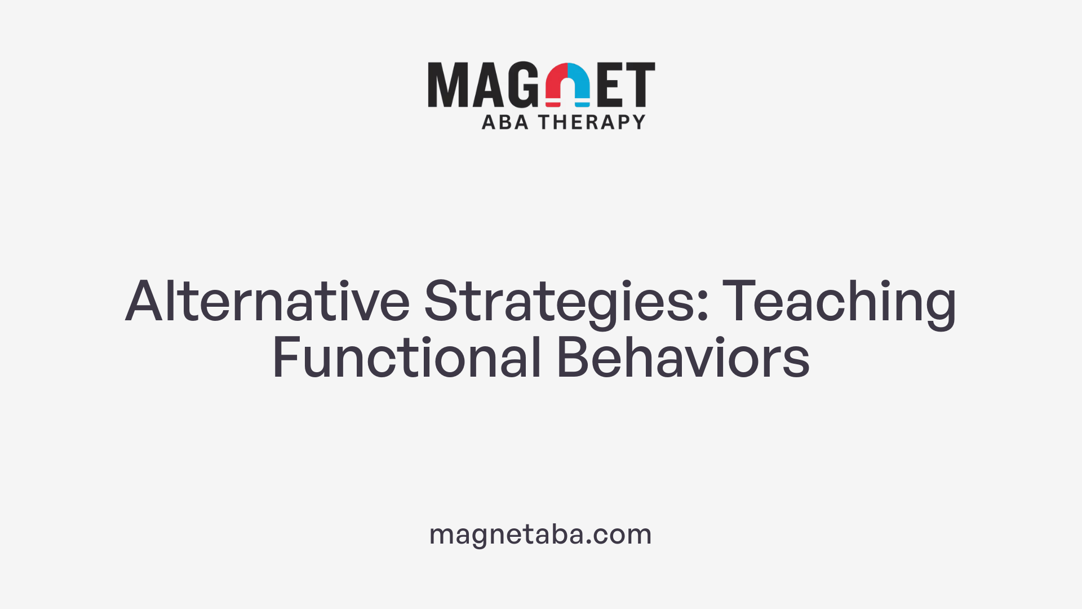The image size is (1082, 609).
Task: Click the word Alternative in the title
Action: [267, 301]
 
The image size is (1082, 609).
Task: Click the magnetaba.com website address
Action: [540, 534]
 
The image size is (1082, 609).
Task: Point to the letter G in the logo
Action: [524, 85]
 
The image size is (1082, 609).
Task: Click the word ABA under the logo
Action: [505, 122]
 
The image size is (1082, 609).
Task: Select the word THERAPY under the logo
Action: [592, 122]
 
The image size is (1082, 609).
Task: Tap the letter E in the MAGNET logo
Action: [611, 85]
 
